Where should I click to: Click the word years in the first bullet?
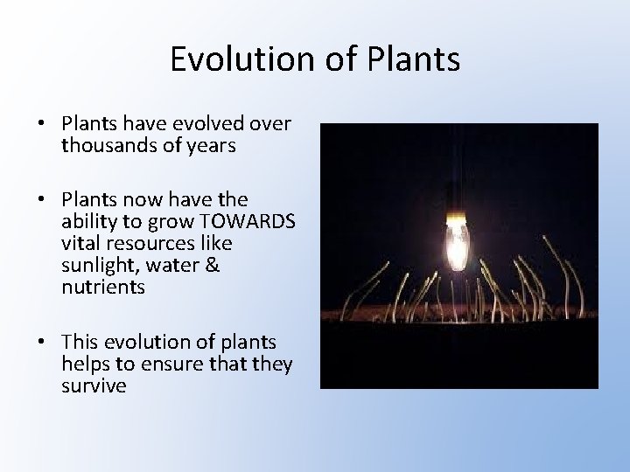[x=212, y=146]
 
